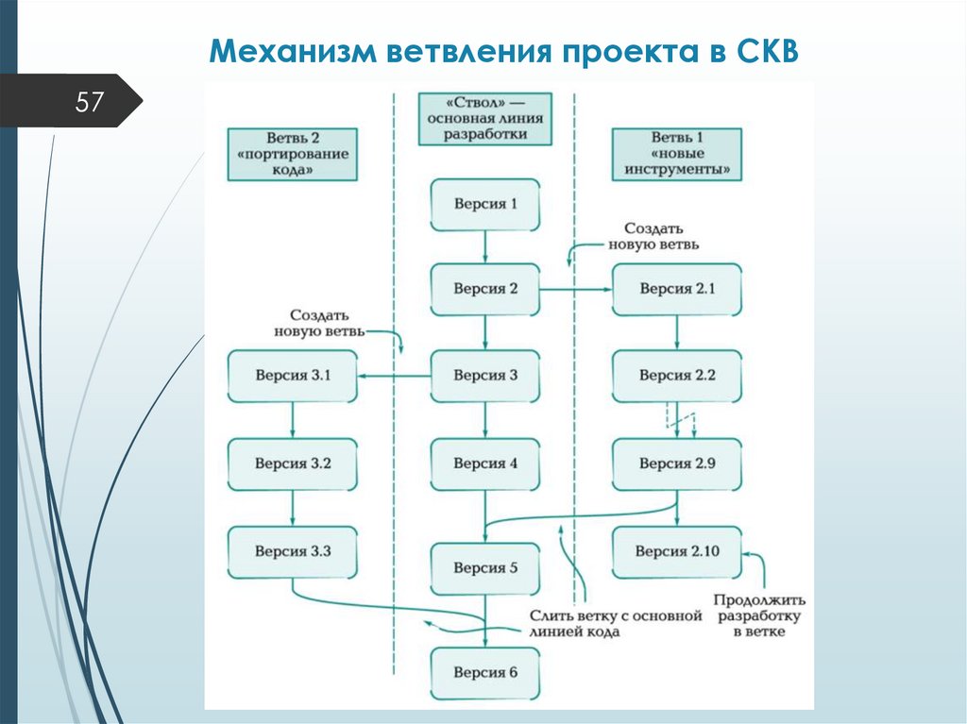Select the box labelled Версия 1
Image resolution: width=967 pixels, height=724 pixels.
pos(485,204)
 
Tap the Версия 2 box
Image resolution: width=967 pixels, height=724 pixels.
pos(485,289)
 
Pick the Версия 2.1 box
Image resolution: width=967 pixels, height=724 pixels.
pos(677,289)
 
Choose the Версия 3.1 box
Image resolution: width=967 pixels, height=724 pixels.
pos(293,376)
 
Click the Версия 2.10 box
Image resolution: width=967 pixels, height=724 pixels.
pos(677,551)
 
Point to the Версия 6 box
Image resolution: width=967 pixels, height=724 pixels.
pos(485,673)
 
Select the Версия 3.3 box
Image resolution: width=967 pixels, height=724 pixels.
pos(293,551)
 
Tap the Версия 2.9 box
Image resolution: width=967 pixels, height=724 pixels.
pos(677,463)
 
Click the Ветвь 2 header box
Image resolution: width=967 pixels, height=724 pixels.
pos(293,154)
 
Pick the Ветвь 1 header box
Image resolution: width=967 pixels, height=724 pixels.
pos(677,154)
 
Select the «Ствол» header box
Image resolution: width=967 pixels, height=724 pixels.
pos(485,117)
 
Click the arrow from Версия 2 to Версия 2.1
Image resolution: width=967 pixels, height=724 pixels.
pos(576,289)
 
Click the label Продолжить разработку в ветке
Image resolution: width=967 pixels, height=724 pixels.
pos(759,615)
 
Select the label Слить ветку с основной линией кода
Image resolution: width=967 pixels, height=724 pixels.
pos(616,623)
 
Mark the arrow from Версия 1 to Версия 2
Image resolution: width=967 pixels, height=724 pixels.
pos(485,246)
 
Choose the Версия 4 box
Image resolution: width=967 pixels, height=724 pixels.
pos(485,463)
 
